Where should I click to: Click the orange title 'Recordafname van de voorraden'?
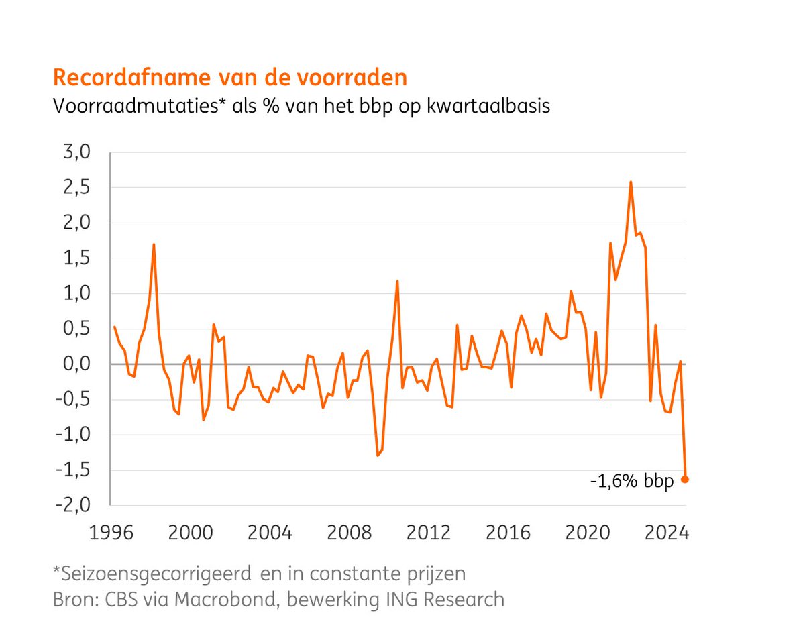coord(229,78)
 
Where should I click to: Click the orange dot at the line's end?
coord(685,479)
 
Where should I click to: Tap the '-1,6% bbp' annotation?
coord(632,481)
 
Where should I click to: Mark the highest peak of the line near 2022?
coord(631,182)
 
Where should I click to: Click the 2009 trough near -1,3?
coord(378,456)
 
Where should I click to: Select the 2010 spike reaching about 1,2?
coord(397,281)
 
